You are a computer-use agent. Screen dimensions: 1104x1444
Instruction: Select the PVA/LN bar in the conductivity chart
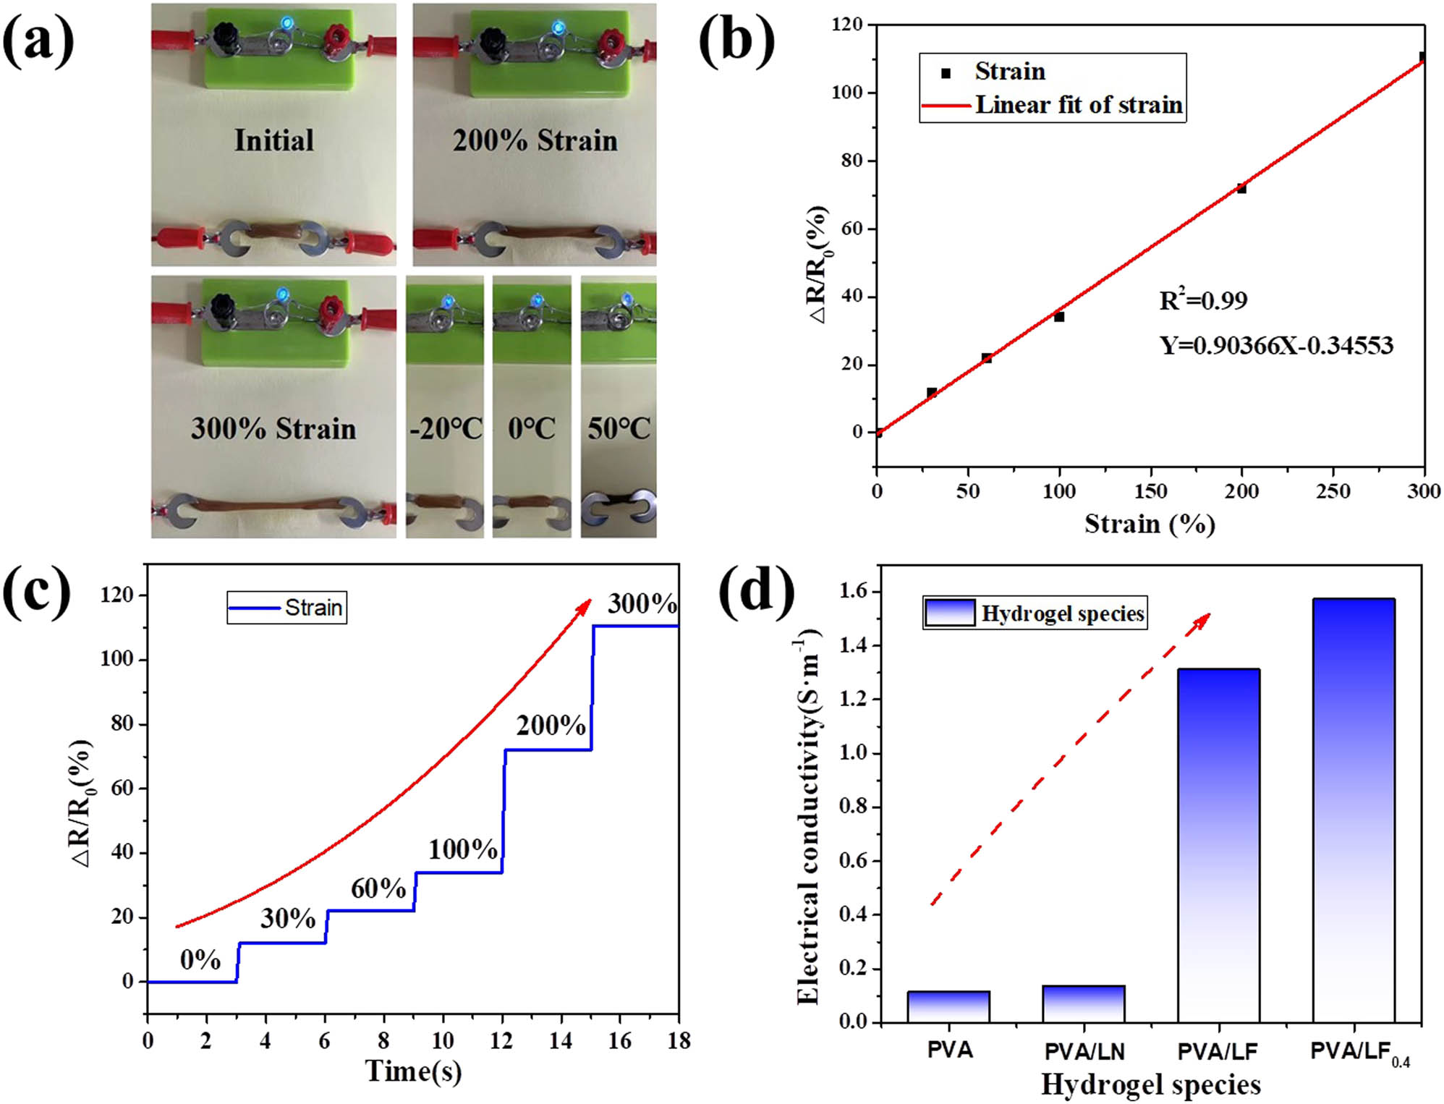coord(1083,1003)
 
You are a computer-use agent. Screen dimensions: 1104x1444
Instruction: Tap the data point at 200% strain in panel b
coord(1241,188)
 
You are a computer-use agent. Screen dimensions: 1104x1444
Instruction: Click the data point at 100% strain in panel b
coord(1059,317)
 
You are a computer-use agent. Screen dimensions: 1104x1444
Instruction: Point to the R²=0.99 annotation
coord(1203,300)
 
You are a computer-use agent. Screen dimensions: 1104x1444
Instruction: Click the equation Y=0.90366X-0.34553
coord(1276,345)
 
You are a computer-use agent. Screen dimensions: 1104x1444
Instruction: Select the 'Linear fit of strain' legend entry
coord(1078,105)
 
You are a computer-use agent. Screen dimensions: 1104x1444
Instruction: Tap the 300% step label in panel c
coord(642,603)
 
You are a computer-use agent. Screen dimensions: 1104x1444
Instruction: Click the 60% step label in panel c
coord(378,888)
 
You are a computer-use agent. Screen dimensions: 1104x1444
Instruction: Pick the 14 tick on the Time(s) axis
coord(560,1041)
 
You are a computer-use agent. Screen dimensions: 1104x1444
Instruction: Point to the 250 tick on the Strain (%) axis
coord(1333,491)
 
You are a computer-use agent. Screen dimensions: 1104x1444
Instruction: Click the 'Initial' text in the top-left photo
coord(273,140)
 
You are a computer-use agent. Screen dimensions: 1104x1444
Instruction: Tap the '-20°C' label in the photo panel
coord(445,428)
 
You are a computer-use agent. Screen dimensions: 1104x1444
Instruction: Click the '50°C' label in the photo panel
coord(619,428)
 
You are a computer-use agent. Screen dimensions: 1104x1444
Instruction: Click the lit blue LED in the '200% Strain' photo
coord(559,28)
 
